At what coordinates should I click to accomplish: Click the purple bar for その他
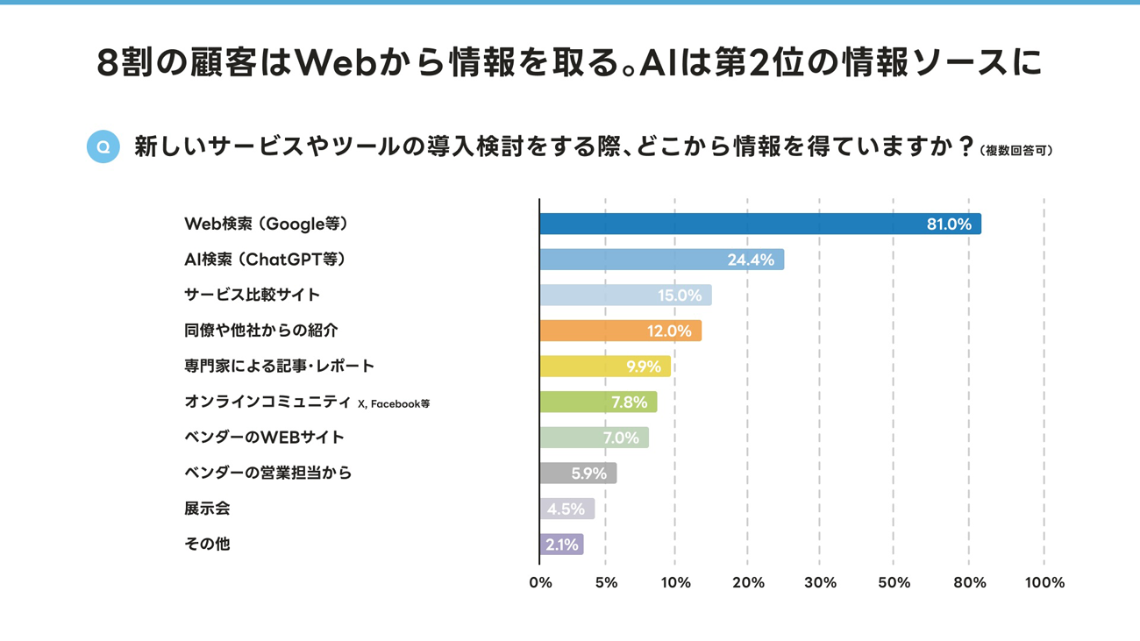pyautogui.click(x=561, y=545)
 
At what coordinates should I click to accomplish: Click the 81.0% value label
pyautogui.click(x=949, y=224)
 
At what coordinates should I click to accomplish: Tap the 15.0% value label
pyautogui.click(x=680, y=296)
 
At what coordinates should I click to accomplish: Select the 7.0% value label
pyautogui.click(x=621, y=438)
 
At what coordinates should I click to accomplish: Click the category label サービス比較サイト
pyautogui.click(x=253, y=295)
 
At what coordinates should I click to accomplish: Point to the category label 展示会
pyautogui.click(x=207, y=509)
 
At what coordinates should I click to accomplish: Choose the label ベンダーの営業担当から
pyautogui.click(x=267, y=473)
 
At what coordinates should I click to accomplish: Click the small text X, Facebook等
pyautogui.click(x=394, y=404)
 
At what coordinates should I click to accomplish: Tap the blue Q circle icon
pyautogui.click(x=103, y=146)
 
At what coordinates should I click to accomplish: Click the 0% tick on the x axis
pyautogui.click(x=541, y=583)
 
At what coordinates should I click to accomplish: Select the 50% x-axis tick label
pyautogui.click(x=893, y=583)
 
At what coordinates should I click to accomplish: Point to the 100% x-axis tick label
pyautogui.click(x=1044, y=583)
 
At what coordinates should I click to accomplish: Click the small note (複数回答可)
pyautogui.click(x=1016, y=151)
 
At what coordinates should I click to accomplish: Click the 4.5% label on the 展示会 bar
pyautogui.click(x=566, y=509)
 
